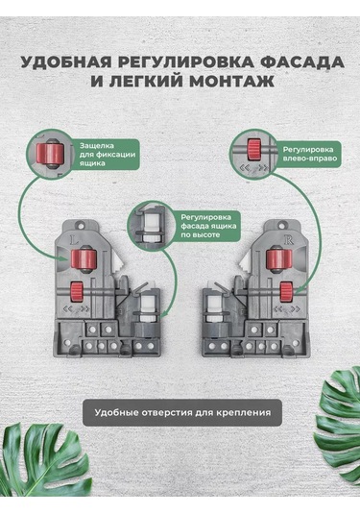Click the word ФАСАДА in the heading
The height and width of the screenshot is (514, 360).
pyautogui.click(x=303, y=61)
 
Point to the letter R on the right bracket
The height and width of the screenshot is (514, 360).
pyautogui.click(x=289, y=240)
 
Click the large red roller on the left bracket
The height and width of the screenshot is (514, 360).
pyautogui.click(x=84, y=258)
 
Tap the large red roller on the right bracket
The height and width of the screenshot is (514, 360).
pyautogui.click(x=278, y=258)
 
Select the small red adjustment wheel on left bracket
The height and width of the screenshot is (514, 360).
pyautogui.click(x=77, y=291)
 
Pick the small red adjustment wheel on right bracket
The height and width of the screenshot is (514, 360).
pyautogui.click(x=286, y=292)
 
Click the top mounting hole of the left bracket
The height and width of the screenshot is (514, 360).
pyautogui.click(x=80, y=225)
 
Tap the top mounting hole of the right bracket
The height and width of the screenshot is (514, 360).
pyautogui.click(x=282, y=225)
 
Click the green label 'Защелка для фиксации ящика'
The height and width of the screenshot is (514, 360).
pyautogui.click(x=108, y=154)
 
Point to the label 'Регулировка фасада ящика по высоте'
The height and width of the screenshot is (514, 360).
pyautogui.click(x=208, y=226)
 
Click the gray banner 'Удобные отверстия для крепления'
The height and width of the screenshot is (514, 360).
pyautogui.click(x=182, y=412)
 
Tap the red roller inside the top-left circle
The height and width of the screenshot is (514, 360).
pyautogui.click(x=50, y=154)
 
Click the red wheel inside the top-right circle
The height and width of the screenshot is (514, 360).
pyautogui.click(x=253, y=150)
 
